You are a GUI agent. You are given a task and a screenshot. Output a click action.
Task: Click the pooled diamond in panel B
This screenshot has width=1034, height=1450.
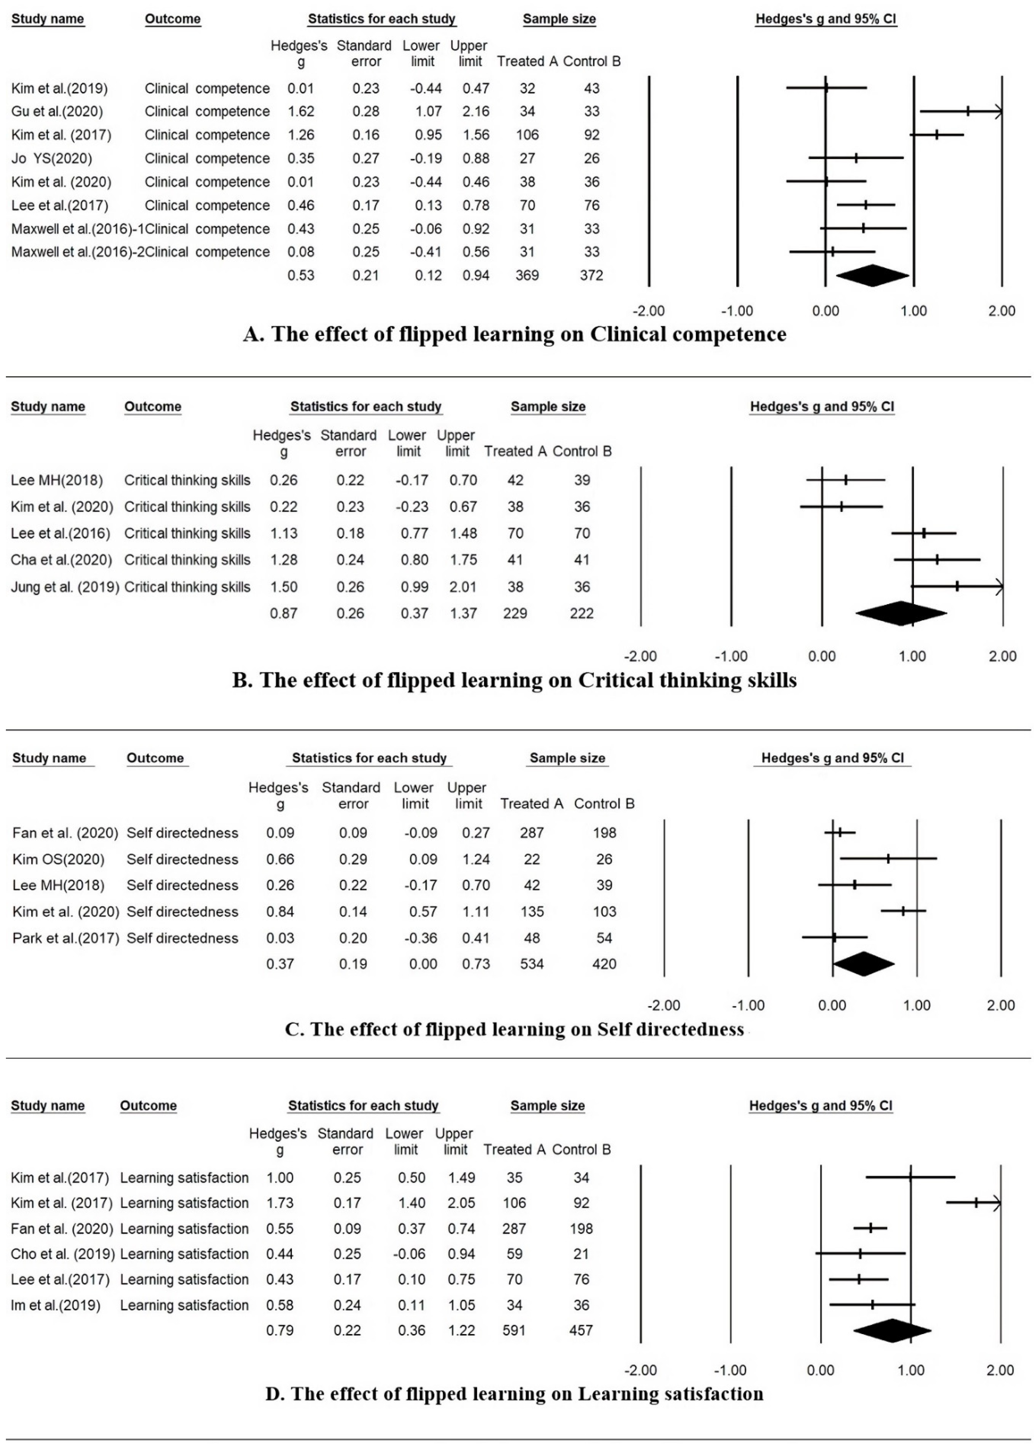[901, 613]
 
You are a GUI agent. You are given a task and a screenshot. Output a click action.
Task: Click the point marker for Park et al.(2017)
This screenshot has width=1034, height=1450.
[834, 937]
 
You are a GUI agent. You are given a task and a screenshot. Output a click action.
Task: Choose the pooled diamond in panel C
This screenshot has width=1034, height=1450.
[863, 963]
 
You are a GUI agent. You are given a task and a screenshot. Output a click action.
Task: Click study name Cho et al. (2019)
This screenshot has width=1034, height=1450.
[62, 1254]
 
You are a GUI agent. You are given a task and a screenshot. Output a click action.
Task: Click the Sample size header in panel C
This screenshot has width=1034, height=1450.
[567, 758]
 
